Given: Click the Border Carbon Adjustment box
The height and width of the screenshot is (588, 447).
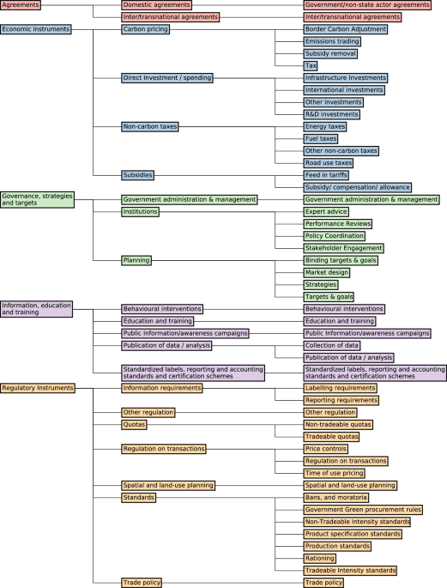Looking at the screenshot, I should tap(346, 29).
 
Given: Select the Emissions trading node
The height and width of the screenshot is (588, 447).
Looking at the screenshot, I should tap(334, 41).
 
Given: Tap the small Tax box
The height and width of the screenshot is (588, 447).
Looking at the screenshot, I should tap(311, 65).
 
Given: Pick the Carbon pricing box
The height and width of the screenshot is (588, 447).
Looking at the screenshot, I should tap(145, 29).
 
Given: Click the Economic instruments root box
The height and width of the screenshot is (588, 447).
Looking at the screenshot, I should tap(35, 29).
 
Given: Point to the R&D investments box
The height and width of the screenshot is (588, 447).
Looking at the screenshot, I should tap(332, 114).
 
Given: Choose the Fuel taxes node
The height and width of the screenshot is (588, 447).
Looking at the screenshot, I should tap(321, 138).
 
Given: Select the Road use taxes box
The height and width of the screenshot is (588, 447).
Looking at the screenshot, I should tap(329, 163).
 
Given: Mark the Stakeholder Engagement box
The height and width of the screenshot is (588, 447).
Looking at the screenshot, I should tap(343, 248).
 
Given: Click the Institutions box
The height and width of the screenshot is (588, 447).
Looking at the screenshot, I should tap(140, 211).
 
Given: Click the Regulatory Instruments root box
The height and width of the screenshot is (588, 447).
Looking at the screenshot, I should tap(38, 388).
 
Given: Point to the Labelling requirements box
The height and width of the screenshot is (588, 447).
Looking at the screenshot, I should tap(341, 388).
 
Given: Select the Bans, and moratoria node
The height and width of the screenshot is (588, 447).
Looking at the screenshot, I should tap(336, 497).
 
